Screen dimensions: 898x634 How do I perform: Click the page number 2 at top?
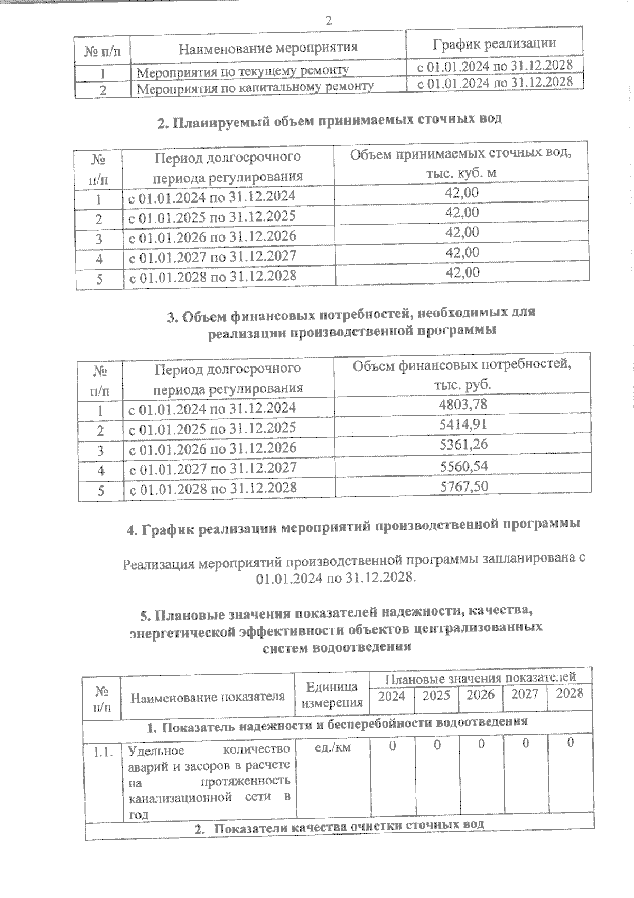tap(328, 21)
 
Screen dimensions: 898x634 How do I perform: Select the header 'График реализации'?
tap(494, 43)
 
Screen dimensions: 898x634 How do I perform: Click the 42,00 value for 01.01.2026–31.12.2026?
tap(462, 233)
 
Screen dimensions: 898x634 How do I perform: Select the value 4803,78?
tap(463, 405)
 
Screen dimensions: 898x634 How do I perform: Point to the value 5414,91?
tap(463, 425)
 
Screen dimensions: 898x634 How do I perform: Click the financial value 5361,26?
tap(463, 445)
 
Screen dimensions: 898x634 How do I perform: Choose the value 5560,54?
tap(463, 466)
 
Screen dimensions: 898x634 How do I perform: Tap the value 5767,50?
tap(463, 486)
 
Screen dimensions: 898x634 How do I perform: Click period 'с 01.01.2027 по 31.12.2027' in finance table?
tap(213, 468)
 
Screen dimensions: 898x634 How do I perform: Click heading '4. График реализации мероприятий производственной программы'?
tap(354, 525)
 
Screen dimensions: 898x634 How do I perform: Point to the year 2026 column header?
tap(480, 694)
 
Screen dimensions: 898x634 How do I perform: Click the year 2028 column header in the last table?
tap(570, 693)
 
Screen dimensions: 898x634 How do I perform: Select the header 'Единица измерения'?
tap(332, 694)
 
